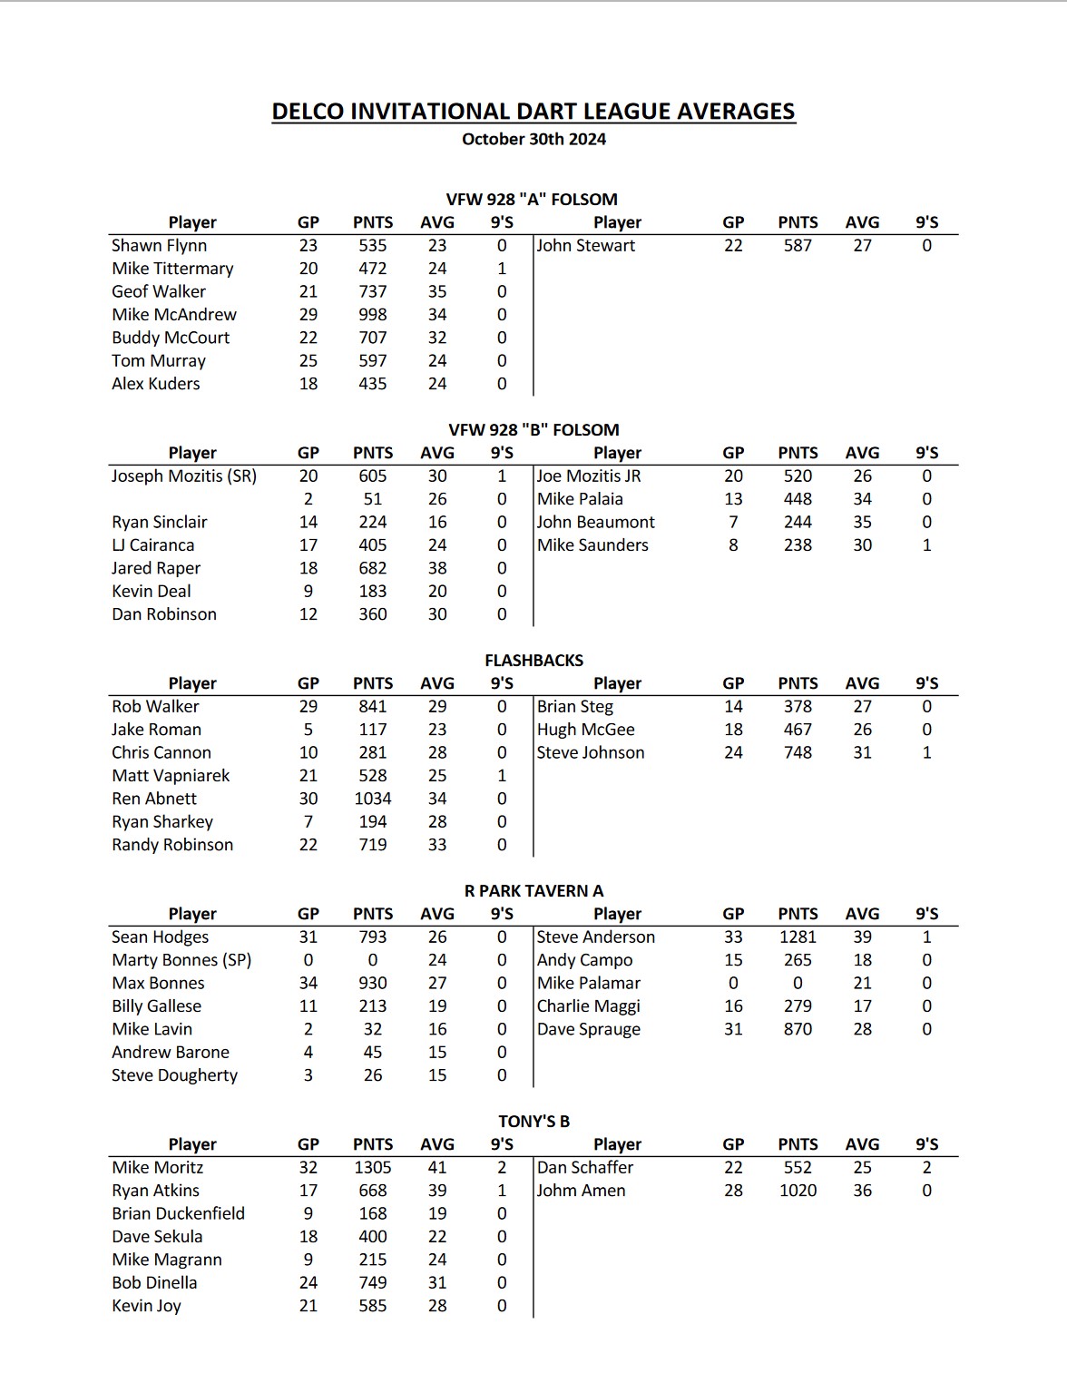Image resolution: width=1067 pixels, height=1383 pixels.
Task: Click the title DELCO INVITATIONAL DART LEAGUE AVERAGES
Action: tap(533, 112)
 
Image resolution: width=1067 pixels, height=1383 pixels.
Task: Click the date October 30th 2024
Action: tap(533, 140)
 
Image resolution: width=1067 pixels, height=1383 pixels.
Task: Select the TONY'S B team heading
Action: tap(533, 1122)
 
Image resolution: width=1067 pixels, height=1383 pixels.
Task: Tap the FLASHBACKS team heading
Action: tap(533, 661)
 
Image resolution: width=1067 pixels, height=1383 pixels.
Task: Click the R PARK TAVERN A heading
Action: tap(533, 891)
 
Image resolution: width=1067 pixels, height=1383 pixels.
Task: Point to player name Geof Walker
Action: tap(159, 291)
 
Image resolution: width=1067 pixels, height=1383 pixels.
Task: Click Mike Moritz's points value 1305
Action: tap(373, 1168)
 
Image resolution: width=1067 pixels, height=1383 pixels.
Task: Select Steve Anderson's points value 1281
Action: tap(798, 937)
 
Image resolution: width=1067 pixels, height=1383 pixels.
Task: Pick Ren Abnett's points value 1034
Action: tap(373, 799)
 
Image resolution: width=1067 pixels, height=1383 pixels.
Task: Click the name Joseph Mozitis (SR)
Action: tap(184, 476)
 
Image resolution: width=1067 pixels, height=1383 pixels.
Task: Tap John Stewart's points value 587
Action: tap(798, 246)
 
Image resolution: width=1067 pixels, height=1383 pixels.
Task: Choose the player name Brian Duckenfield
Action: tap(179, 1213)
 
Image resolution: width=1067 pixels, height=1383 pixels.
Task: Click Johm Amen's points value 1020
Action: tap(798, 1191)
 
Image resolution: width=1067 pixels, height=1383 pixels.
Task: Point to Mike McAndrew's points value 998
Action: tap(373, 315)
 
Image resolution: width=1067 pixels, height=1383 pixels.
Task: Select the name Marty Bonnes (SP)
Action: tap(181, 960)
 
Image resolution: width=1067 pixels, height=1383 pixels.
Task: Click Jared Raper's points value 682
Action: tap(373, 568)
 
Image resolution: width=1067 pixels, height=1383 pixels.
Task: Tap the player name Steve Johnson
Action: tap(591, 752)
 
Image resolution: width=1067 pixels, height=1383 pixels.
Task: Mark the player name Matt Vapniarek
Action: tap(171, 776)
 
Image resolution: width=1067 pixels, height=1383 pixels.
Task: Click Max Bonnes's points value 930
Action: tap(373, 984)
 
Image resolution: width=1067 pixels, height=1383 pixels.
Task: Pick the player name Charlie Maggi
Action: tap(589, 1006)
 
